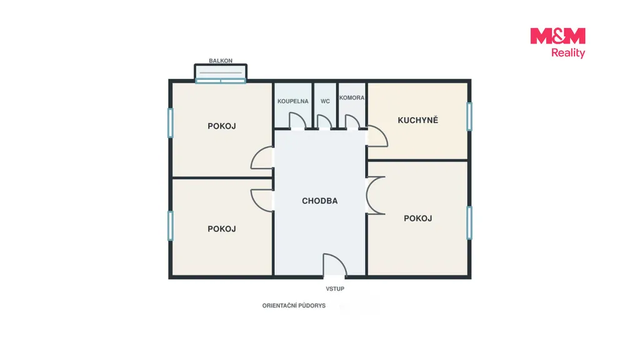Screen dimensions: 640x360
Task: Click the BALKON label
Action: [221, 61]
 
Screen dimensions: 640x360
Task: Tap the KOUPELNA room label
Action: [292, 101]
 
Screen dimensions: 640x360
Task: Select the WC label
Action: [325, 101]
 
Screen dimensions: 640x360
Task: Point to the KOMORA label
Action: [351, 98]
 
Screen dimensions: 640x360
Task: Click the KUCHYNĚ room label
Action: [417, 120]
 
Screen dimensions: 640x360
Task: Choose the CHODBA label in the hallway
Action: [319, 201]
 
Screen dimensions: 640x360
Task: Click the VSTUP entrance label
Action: [335, 289]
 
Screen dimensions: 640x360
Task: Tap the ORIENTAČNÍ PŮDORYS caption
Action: [294, 306]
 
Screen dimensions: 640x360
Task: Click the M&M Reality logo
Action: [557, 42]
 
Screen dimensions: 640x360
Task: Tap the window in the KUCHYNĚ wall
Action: [469, 116]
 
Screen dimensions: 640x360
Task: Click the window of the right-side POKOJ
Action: [469, 223]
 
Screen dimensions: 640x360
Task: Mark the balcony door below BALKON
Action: [221, 81]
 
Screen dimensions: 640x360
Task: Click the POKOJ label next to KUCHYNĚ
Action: [417, 218]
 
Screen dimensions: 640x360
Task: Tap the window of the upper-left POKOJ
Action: [171, 122]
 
